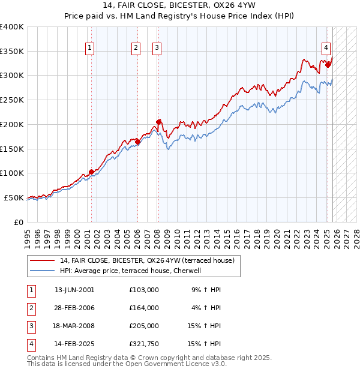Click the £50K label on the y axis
pyautogui.click(x=14, y=197)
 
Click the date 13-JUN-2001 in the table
pyautogui.click(x=74, y=289)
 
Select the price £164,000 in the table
pyautogui.click(x=144, y=307)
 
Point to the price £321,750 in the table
pyautogui.click(x=144, y=344)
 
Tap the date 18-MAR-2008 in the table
pyautogui.click(x=74, y=326)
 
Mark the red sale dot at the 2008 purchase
pyautogui.click(x=159, y=122)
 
